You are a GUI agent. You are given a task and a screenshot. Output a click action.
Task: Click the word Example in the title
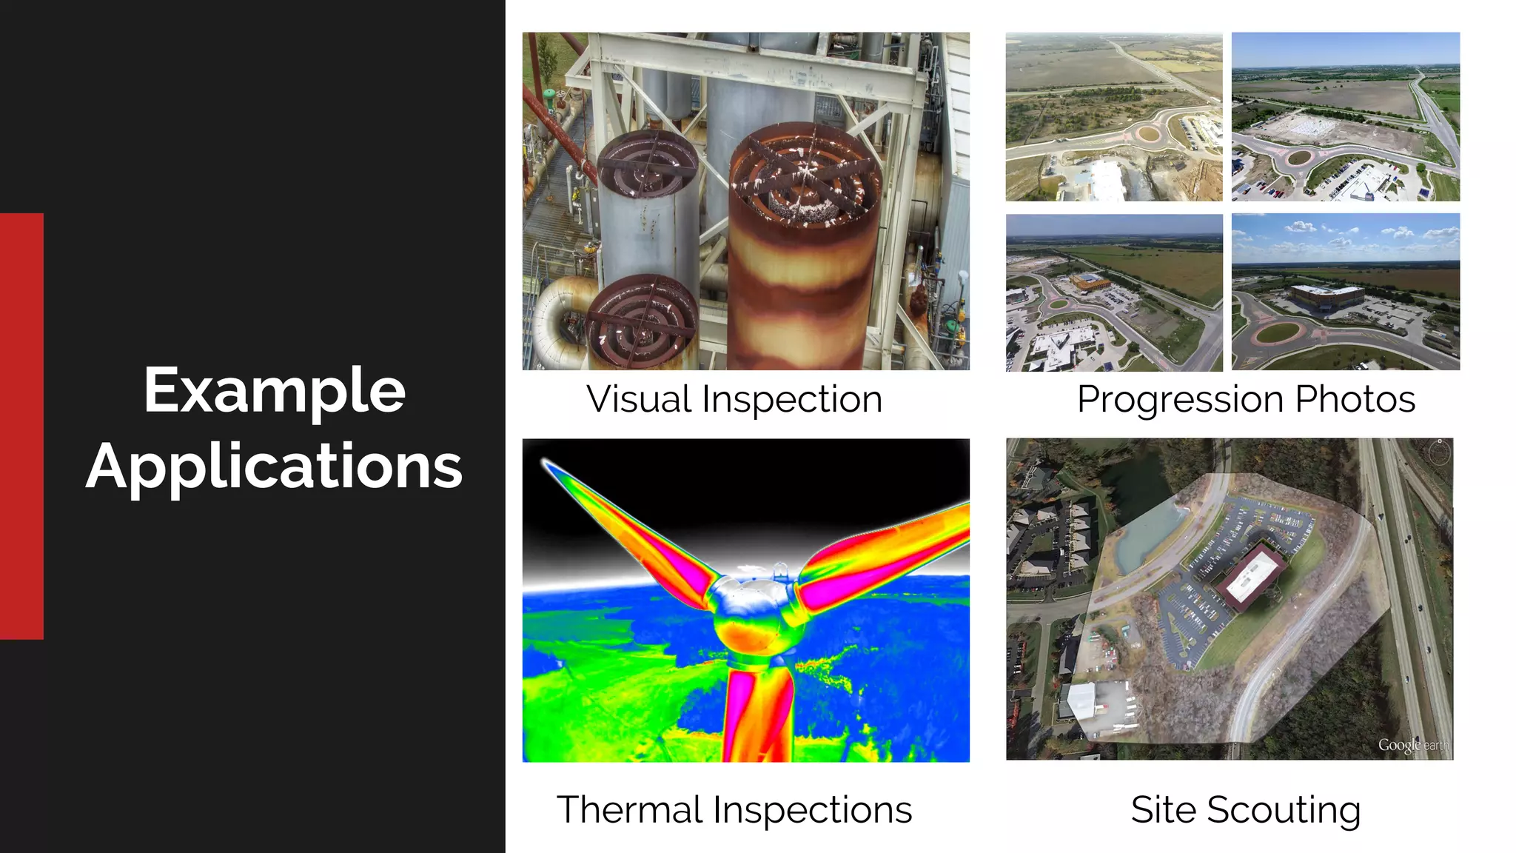(275, 390)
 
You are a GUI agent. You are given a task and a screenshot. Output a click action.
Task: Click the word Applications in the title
(275, 466)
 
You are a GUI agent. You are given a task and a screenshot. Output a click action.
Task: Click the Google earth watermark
(1412, 745)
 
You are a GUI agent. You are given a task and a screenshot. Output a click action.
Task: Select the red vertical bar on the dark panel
(21, 426)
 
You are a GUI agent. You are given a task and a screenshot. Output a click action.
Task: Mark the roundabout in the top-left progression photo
(1147, 134)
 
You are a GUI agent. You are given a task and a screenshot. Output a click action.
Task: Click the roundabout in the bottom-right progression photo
(1278, 332)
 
